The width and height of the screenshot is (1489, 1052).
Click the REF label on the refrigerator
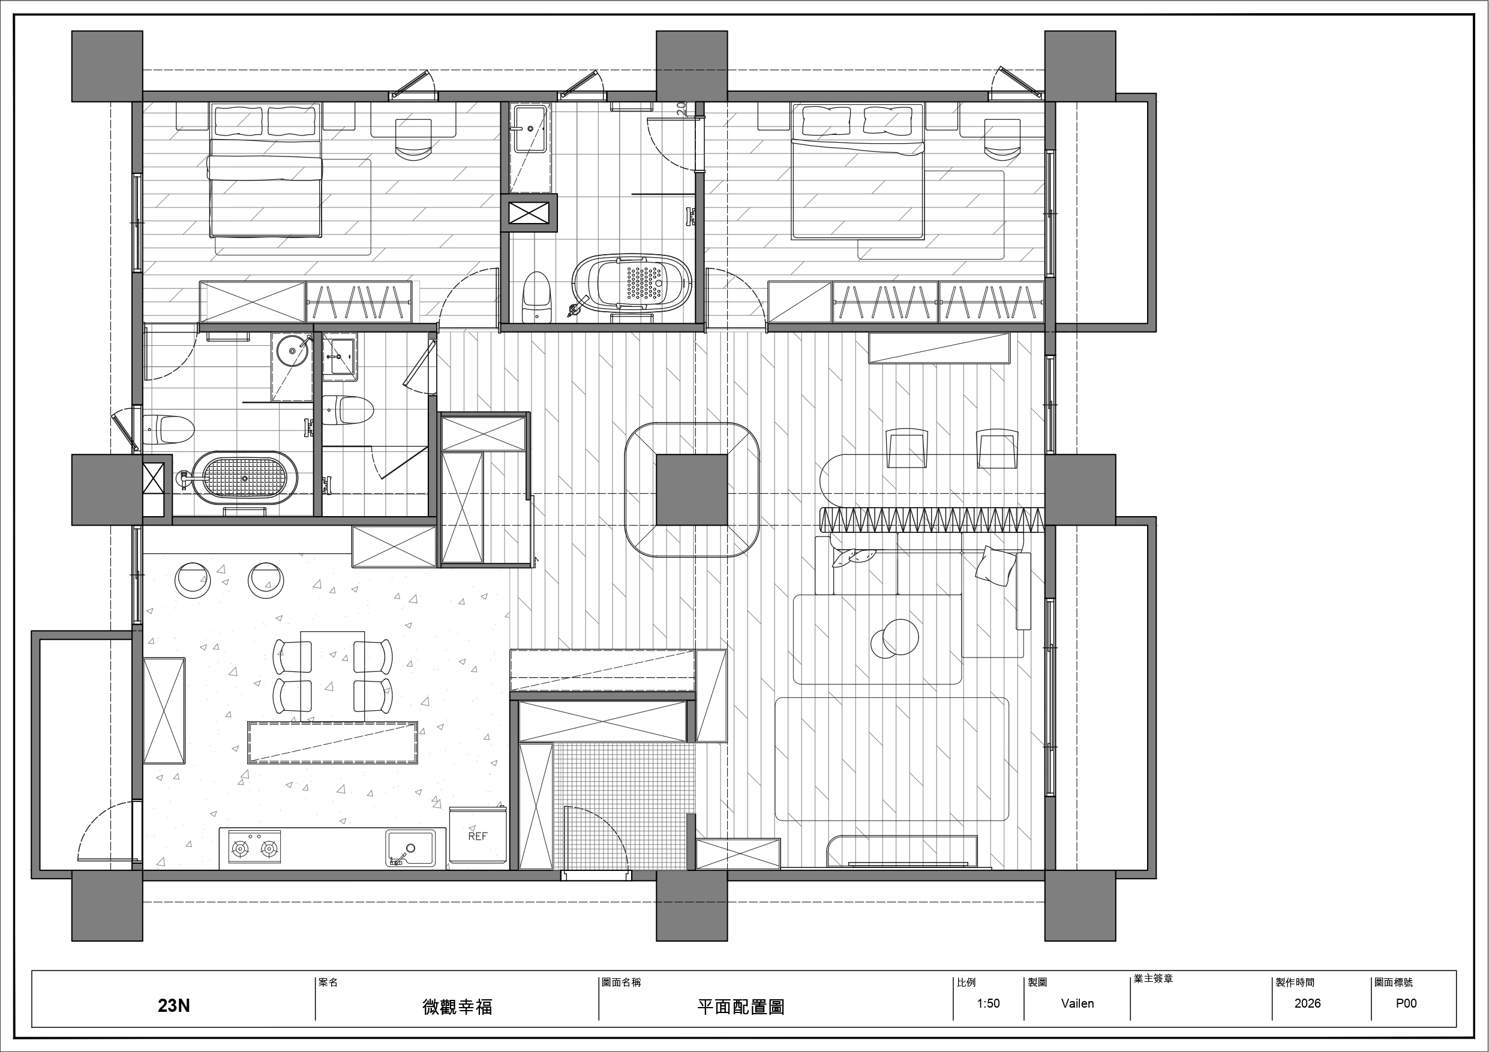478,836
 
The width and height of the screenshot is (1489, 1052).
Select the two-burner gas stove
254,847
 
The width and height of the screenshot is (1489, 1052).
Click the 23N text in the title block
174,1005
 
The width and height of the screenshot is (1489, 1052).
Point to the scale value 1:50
988,1003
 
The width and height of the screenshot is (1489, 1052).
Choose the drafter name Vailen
1077,1003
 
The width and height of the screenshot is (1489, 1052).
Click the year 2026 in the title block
1307,1003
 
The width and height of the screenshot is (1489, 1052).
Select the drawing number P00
1406,1003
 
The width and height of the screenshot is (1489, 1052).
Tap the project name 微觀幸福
457,1006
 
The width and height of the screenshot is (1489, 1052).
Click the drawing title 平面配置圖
741,1006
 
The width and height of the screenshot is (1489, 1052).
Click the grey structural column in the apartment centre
691,489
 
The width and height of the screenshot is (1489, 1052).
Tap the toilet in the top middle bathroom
537,297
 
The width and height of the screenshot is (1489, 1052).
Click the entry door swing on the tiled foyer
597,836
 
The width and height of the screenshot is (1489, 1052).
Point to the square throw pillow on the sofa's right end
997,566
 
